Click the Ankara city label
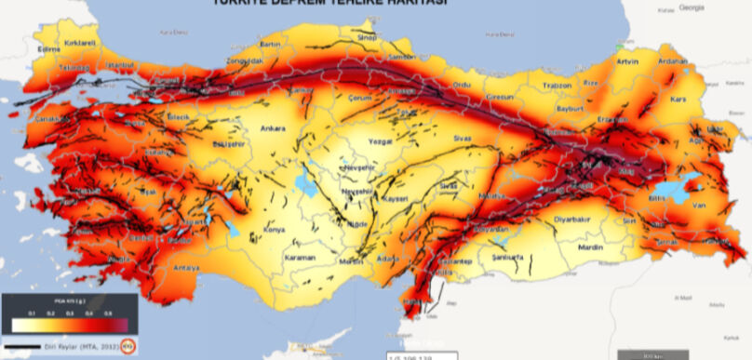click(272, 129)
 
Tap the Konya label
click(275, 228)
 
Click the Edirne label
click(48, 49)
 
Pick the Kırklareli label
click(79, 44)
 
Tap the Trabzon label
click(556, 86)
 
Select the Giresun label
click(501, 98)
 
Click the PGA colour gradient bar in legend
click(70, 327)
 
